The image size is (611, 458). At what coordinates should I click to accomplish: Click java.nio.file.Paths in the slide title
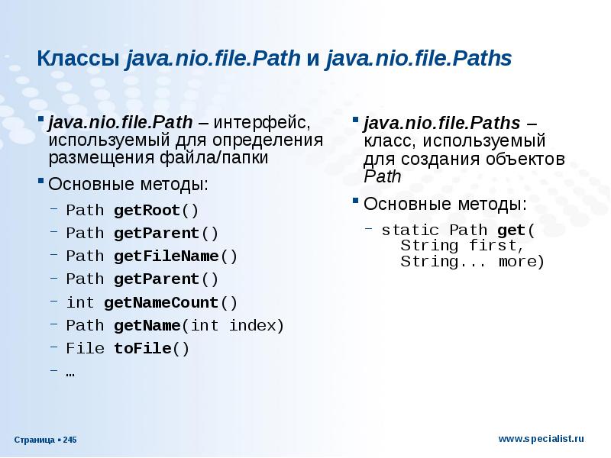(x=418, y=59)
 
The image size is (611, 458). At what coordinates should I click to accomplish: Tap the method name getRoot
(x=146, y=210)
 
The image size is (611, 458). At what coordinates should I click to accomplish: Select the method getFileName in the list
(x=166, y=256)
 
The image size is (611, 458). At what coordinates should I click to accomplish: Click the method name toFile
(x=142, y=349)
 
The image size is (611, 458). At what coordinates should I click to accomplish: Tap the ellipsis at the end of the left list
(x=71, y=373)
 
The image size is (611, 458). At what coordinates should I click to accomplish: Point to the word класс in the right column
(x=386, y=142)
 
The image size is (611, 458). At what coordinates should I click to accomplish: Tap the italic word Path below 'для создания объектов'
(x=382, y=177)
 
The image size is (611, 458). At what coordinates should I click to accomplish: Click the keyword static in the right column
(x=410, y=230)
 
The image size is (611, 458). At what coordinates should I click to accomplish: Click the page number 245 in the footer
(x=70, y=440)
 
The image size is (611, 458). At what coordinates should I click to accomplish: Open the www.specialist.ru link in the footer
(x=541, y=439)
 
